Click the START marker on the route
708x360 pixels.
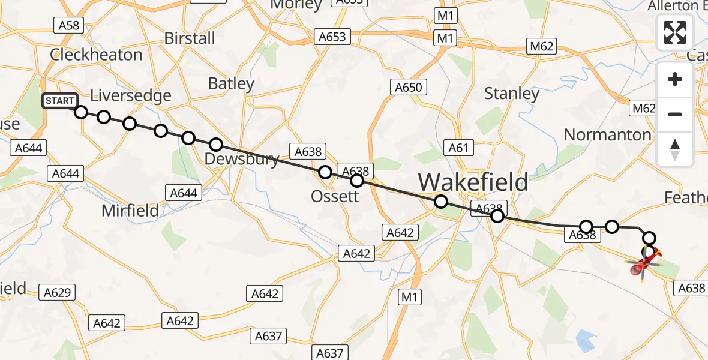[59, 101]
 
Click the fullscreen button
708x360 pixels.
[675, 32]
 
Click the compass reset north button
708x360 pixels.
[675, 149]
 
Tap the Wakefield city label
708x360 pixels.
[473, 181]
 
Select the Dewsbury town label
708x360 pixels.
[242, 159]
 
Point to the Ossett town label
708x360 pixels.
[335, 196]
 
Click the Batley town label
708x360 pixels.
[231, 83]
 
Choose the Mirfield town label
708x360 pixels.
[130, 210]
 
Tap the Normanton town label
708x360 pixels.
[608, 134]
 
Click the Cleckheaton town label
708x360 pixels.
[96, 55]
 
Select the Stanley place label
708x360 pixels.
[512, 94]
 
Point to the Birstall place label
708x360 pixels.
[190, 38]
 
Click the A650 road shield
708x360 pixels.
[409, 88]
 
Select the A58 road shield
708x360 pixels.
[68, 25]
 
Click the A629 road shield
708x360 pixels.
[58, 293]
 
